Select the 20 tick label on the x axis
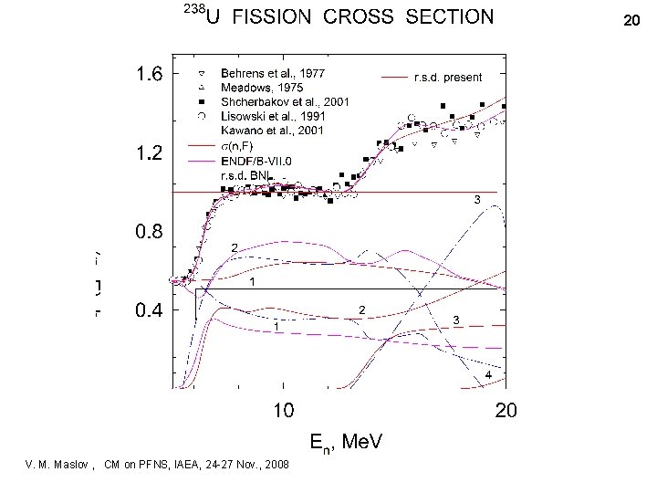[x=506, y=411]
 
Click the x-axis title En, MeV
[x=346, y=442]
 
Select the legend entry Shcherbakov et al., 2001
[x=284, y=101]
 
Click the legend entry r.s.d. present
[x=448, y=78]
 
